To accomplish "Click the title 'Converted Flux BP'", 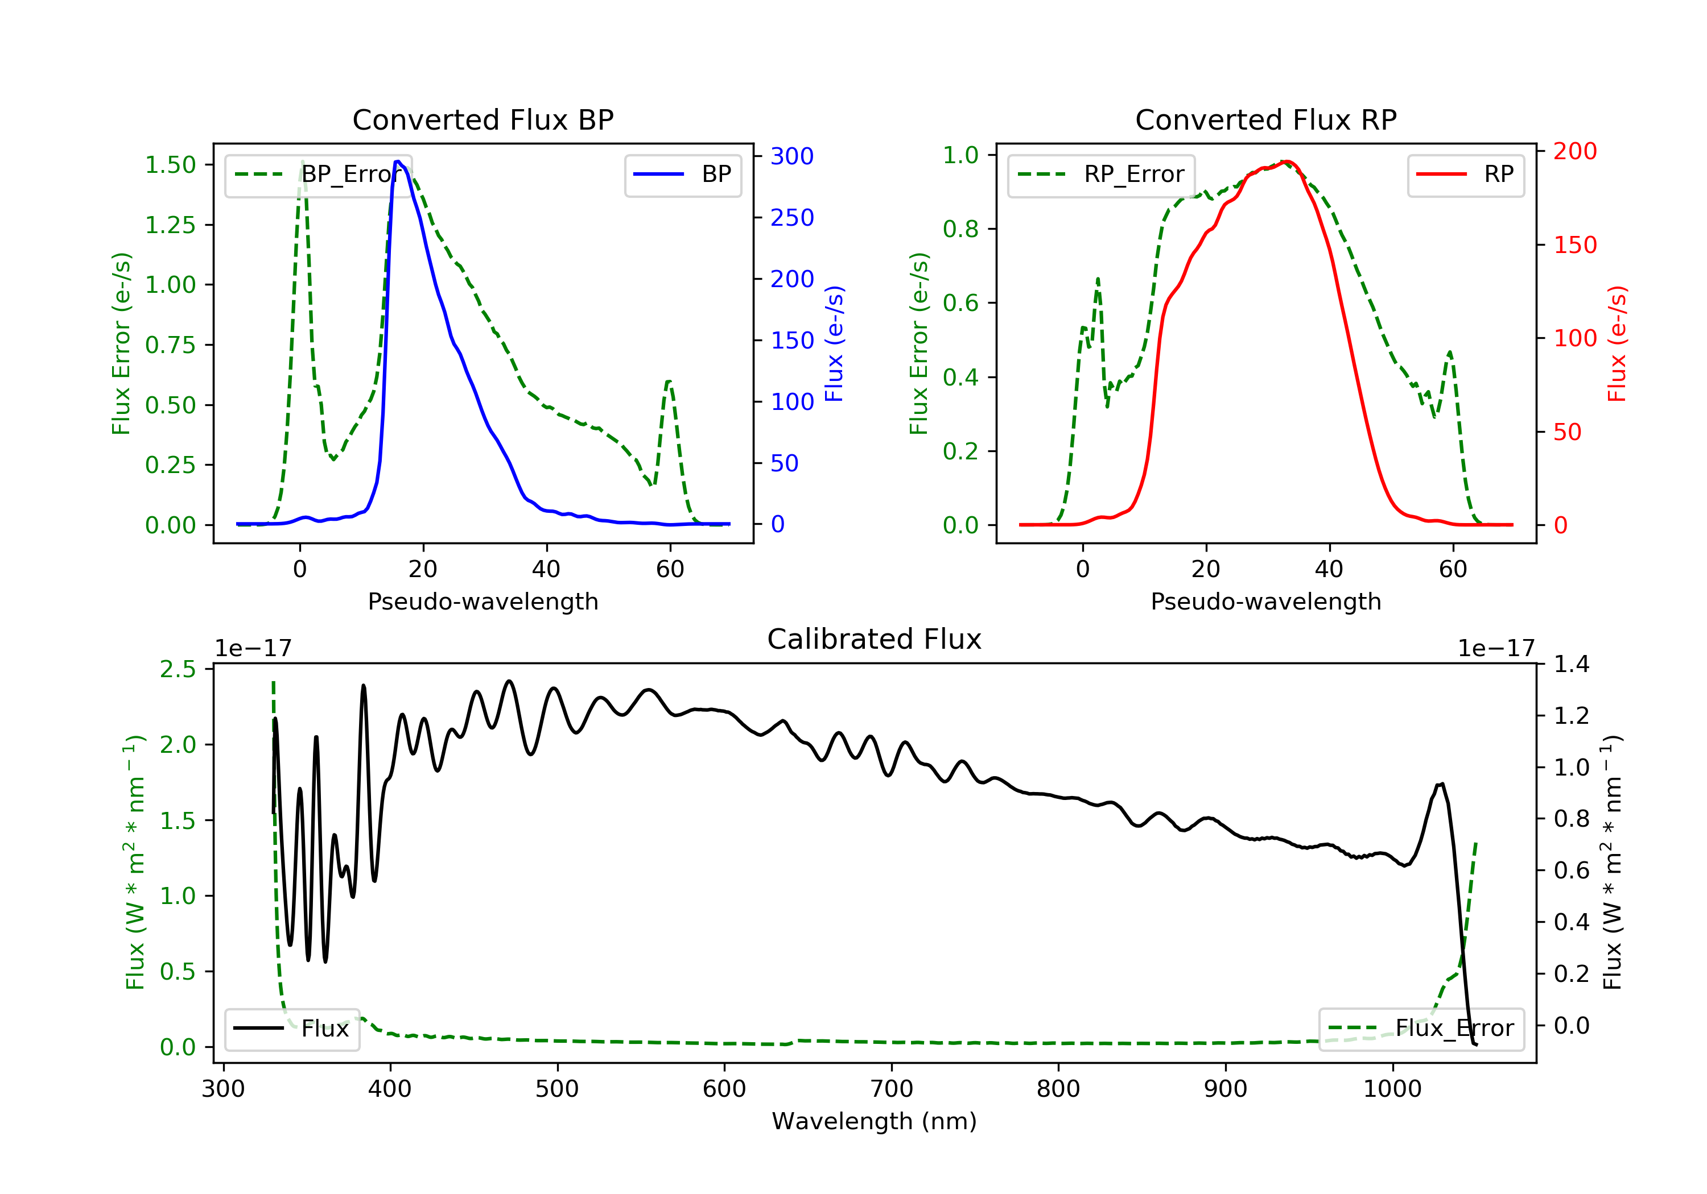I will click(x=483, y=119).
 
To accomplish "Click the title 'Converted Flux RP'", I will click(x=1265, y=119).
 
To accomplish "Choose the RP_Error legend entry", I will click(x=1101, y=175).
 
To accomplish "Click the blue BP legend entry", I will click(x=682, y=175).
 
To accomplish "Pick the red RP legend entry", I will click(x=1465, y=175).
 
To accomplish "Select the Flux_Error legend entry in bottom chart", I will click(x=1420, y=1029).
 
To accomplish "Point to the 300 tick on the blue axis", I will click(x=792, y=156).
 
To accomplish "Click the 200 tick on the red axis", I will click(x=1574, y=151).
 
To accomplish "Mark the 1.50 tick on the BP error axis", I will click(x=170, y=165).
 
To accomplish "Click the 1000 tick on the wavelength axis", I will click(x=1392, y=1089).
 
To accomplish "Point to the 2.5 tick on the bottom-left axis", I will click(x=178, y=669).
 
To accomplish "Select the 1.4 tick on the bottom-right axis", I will click(x=1572, y=664).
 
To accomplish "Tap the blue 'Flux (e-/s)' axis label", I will click(x=835, y=343).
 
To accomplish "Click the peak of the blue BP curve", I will click(x=398, y=161).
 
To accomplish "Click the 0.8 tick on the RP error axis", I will click(x=960, y=229).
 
